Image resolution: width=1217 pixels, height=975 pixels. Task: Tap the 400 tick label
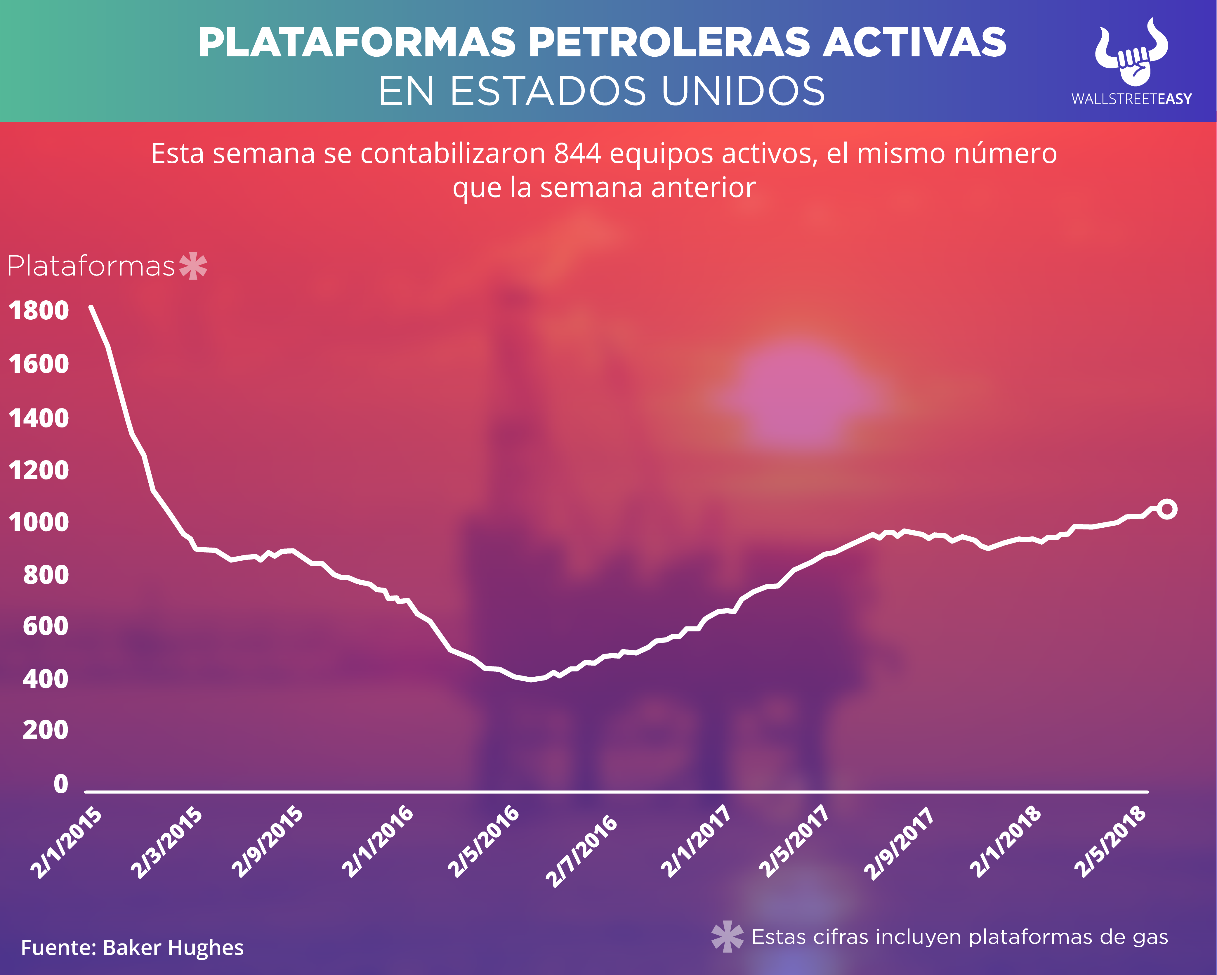(x=45, y=679)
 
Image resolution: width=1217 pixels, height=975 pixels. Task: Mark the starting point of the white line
(x=91, y=307)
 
